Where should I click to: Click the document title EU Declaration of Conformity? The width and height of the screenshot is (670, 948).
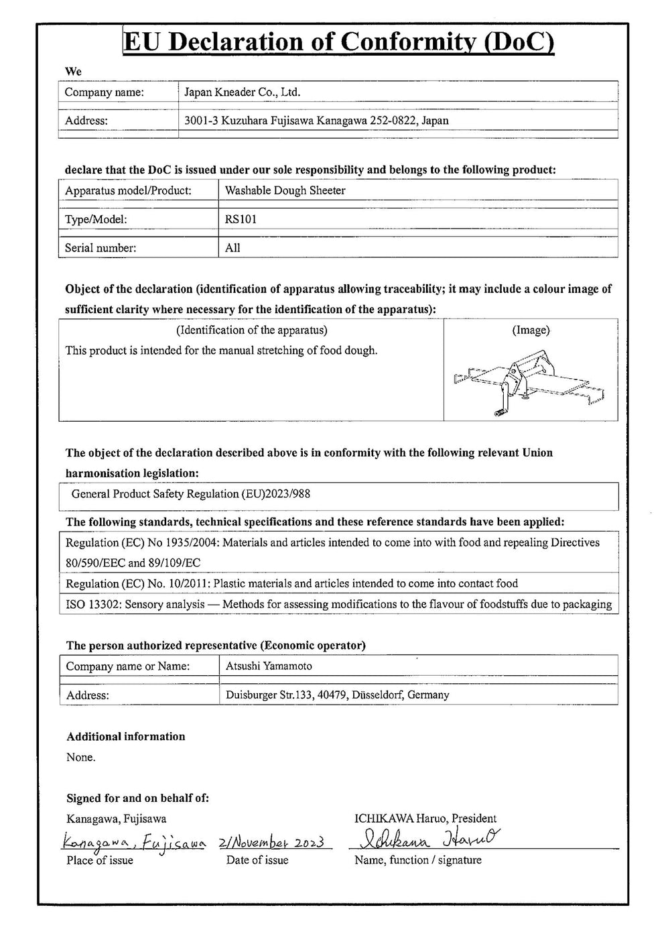pos(339,42)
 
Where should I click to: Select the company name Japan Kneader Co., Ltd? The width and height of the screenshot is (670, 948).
pos(243,93)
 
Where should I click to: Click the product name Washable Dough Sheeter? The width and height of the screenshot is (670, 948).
pos(285,190)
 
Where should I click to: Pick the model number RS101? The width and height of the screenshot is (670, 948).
pos(241,219)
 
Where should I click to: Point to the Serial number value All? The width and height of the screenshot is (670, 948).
pos(232,248)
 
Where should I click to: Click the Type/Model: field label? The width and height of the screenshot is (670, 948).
pos(96,219)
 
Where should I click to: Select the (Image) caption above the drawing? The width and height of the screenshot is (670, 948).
pos(531,330)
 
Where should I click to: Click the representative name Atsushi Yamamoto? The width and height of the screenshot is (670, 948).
pos(268,666)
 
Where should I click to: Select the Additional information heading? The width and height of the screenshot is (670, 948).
pos(126,736)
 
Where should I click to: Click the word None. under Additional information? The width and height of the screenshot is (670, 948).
pos(81,758)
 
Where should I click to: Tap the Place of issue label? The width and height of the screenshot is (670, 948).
pos(100,860)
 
